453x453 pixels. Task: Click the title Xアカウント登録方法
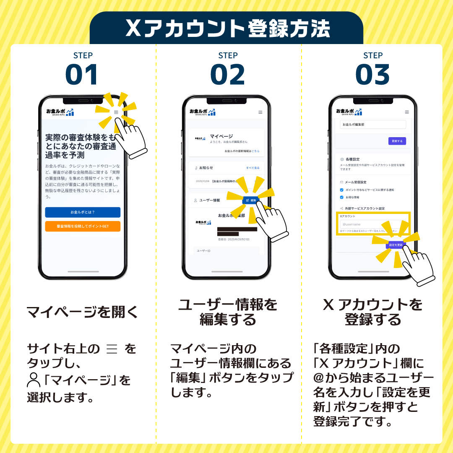click(226, 29)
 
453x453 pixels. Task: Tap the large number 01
click(82, 75)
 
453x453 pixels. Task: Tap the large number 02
click(227, 75)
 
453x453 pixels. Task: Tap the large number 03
click(372, 75)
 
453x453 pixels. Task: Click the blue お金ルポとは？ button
click(83, 212)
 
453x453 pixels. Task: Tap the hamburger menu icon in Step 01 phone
click(116, 112)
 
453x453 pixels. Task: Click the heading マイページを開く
click(82, 312)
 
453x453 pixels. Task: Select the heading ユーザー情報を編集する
click(227, 312)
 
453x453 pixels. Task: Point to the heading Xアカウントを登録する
click(372, 312)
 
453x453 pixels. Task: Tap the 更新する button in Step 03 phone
click(397, 141)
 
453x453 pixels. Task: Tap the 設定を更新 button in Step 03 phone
click(396, 245)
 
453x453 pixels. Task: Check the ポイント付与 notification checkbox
click(342, 190)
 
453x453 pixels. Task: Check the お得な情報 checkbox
click(342, 197)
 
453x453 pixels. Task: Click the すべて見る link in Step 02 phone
click(253, 168)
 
